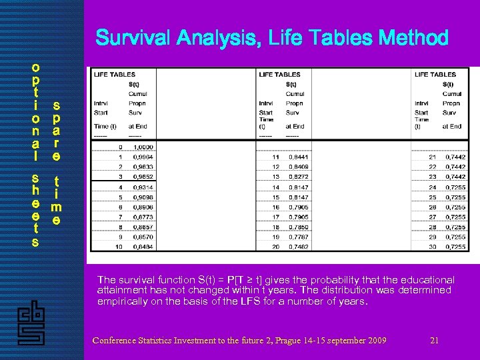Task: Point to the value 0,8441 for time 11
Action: pos(299,157)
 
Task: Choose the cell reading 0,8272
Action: pos(299,177)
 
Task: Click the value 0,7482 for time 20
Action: pos(299,247)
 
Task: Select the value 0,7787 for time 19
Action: pos(299,237)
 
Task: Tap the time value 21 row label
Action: pos(433,157)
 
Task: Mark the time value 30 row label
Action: pos(433,247)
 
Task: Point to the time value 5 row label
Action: pos(120,197)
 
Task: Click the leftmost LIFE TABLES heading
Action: pos(115,75)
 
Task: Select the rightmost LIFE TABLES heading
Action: pos(435,75)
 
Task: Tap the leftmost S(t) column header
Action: pos(134,84)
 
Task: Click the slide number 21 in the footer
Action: pos(434,341)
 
